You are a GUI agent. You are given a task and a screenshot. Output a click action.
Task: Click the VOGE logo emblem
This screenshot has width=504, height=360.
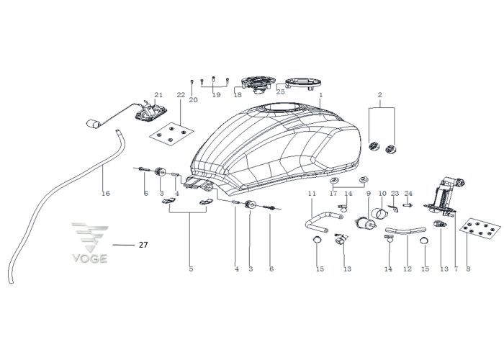pos(90,243)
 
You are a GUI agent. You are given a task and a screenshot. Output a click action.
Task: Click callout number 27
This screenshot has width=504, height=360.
pos(143,245)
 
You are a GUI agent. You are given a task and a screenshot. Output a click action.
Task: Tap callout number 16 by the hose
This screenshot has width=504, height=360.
pos(106,193)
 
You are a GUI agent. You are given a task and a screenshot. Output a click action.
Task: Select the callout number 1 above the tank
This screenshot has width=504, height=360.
pos(321,95)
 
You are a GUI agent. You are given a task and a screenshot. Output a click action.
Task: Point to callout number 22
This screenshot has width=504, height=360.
pos(181,95)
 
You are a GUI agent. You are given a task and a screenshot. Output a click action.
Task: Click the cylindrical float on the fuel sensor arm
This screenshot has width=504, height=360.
pos(93,123)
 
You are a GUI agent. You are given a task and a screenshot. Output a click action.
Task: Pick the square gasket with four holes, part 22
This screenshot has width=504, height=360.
pos(171,133)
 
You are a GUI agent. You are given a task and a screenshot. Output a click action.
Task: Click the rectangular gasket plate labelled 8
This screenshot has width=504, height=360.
pos(480,228)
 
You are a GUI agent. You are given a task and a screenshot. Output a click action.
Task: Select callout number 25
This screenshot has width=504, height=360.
pos(281,92)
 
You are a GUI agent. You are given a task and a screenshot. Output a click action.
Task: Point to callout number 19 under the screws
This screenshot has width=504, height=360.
pos(216,95)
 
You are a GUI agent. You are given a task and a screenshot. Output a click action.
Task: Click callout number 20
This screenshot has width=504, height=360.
pos(193,100)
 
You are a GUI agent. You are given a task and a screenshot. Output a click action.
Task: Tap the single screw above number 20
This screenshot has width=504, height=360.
pos(192,81)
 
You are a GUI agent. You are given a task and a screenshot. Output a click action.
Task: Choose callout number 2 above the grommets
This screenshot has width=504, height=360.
pos(380,95)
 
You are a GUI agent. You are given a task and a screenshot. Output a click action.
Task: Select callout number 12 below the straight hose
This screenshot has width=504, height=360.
pos(408,269)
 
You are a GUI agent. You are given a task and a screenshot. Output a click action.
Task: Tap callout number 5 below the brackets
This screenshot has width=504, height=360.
pos(191,269)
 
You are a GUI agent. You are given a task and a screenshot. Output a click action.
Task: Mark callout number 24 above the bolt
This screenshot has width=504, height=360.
pos(408,194)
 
